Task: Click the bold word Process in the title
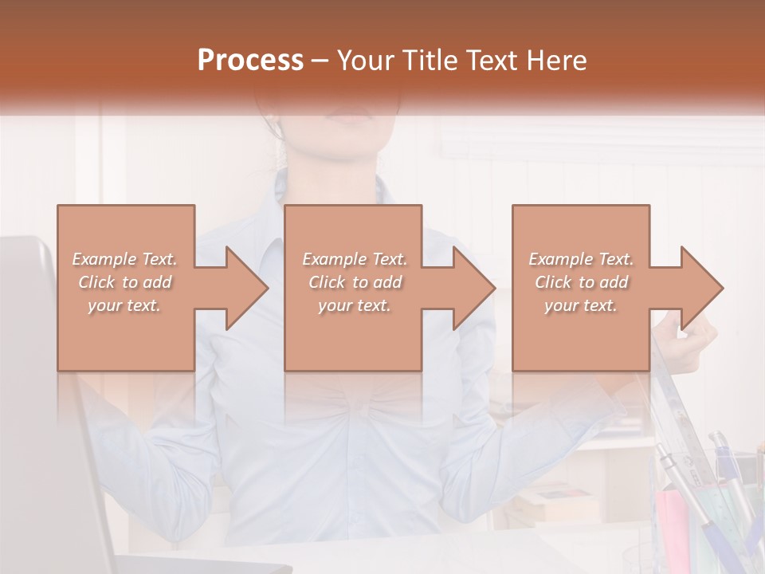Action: click(250, 61)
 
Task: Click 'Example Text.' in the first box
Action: click(125, 259)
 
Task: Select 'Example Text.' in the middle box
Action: click(354, 259)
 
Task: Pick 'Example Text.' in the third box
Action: click(581, 259)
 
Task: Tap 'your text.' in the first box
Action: click(125, 305)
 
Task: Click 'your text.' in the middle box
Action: click(354, 305)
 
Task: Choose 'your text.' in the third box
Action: click(581, 305)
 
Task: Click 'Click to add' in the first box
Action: click(125, 282)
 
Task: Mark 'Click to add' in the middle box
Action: click(354, 282)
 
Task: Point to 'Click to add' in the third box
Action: click(581, 282)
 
